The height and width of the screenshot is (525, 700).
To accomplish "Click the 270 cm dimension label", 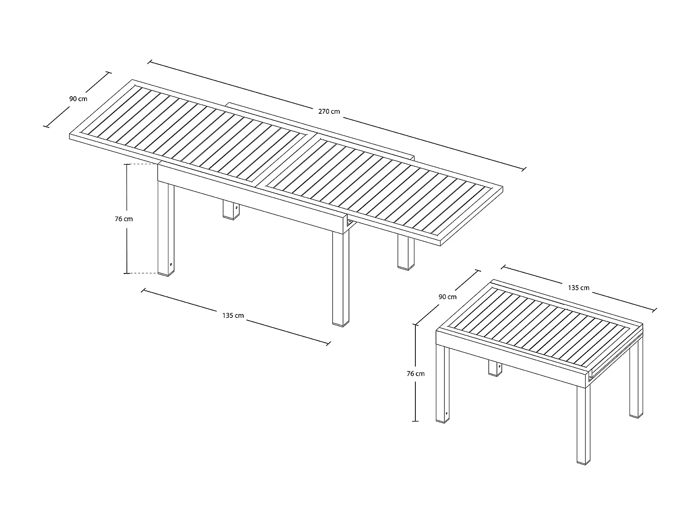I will pyautogui.click(x=329, y=112).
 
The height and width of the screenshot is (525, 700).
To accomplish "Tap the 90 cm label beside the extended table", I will pyautogui.click(x=78, y=99).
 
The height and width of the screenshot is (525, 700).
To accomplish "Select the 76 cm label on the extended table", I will pyautogui.click(x=124, y=219).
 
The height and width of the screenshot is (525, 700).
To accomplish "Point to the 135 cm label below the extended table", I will pyautogui.click(x=233, y=315).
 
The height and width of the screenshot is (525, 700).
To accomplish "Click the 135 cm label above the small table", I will pyautogui.click(x=579, y=288).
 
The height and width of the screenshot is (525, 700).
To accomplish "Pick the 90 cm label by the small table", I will pyautogui.click(x=448, y=297).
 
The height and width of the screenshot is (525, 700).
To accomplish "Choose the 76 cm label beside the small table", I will pyautogui.click(x=416, y=373).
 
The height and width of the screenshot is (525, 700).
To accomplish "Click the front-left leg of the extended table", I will pyautogui.click(x=166, y=229).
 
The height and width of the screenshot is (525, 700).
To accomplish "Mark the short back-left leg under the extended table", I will pyautogui.click(x=231, y=210).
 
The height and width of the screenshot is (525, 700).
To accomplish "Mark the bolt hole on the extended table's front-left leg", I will pyautogui.click(x=171, y=265).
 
